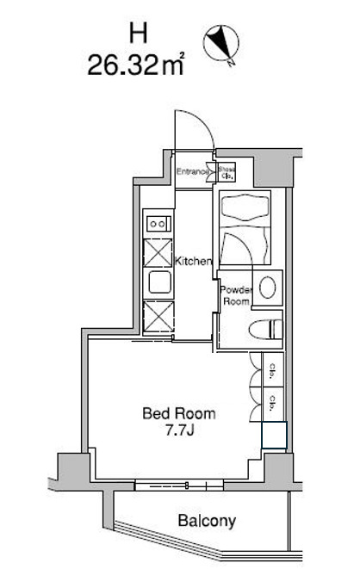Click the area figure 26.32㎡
137,65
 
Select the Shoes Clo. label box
227,172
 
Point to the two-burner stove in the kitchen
159,223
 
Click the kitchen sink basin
159,283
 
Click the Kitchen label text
194,261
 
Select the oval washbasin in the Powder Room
268,288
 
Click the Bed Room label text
179,413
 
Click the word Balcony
207,521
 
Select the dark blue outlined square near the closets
274,436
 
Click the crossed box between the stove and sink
159,253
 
